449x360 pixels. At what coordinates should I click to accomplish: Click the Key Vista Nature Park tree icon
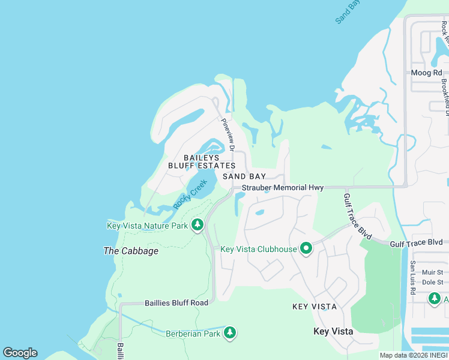197,226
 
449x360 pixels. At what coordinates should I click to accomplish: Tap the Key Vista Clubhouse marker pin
306,248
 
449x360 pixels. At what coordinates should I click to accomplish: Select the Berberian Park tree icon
229,332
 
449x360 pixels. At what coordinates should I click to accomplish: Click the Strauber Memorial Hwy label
283,188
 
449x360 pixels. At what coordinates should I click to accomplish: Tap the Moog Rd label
426,73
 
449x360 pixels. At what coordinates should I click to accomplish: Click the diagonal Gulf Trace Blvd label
357,216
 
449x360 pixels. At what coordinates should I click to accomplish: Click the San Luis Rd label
412,277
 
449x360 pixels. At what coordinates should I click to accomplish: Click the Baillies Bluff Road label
176,303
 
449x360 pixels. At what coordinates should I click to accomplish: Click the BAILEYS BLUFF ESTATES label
202,161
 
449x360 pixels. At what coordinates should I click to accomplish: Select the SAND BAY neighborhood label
244,176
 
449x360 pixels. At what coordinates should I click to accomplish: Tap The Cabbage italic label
131,251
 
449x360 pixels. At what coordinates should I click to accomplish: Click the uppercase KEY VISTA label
314,307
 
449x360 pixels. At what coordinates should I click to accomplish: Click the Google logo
20,353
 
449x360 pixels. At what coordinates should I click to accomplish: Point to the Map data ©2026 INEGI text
413,355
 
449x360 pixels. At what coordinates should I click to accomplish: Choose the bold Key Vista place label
333,331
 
